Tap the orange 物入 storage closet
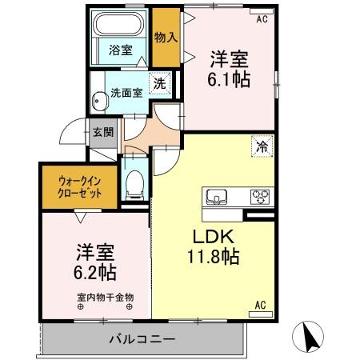pos(166,38)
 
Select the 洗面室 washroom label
pos(126,92)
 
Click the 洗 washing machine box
pos(159,82)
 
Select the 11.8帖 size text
pos(210,257)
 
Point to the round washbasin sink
pos(100,102)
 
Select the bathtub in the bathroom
pos(120,26)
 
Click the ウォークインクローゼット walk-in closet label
pos(79,186)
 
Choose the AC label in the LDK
pos(260,305)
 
